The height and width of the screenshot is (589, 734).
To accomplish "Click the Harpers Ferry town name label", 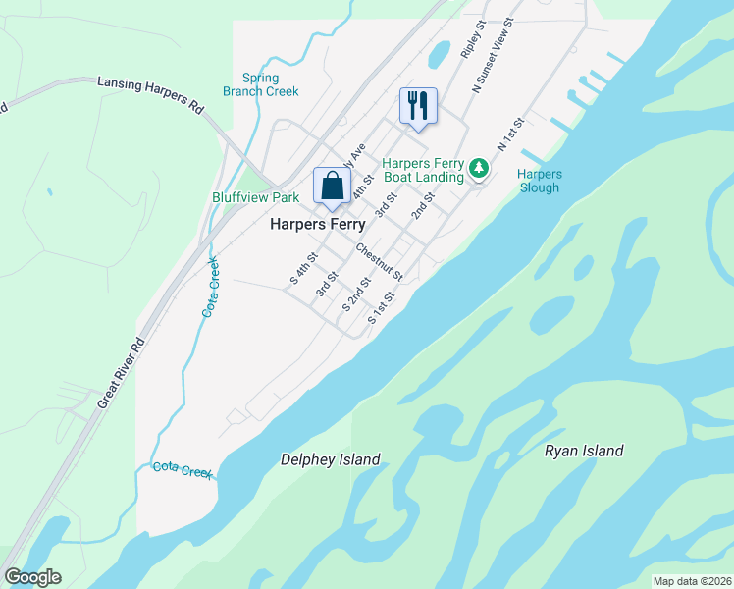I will point(317,225).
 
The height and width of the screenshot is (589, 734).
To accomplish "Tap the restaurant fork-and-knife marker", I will point(418,105).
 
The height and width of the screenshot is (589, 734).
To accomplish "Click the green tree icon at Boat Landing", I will point(479,169).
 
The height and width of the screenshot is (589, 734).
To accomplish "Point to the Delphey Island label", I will point(330,459).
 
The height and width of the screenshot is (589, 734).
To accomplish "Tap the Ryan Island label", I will point(584,451).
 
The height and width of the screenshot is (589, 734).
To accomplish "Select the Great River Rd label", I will point(121,374).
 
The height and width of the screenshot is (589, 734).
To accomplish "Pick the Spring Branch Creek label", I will point(260,84).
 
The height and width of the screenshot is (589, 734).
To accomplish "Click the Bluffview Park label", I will point(256,197).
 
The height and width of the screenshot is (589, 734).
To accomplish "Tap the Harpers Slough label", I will point(539,181).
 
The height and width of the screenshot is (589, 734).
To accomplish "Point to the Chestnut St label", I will point(380,261).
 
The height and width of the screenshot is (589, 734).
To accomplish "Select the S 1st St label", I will point(381,307).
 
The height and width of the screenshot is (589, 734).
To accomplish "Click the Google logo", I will point(32,577).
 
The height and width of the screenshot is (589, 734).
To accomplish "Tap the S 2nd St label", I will point(355,294).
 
